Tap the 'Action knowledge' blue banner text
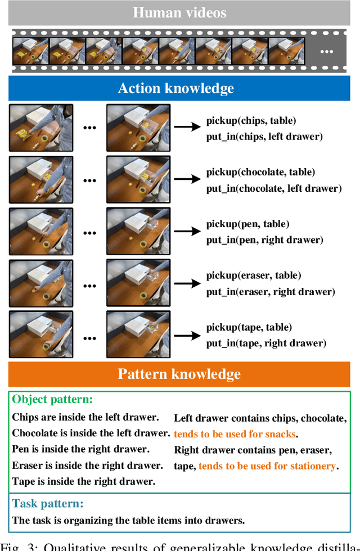click(x=175, y=88)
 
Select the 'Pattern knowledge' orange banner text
click(x=179, y=374)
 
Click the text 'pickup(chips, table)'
click(x=251, y=120)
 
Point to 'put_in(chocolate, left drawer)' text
click(x=273, y=188)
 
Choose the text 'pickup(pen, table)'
click(x=247, y=224)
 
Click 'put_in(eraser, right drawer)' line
click(x=270, y=292)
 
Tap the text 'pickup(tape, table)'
click(x=249, y=327)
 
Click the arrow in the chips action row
click(x=187, y=128)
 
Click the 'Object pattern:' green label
click(x=52, y=400)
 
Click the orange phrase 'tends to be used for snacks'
click(x=235, y=433)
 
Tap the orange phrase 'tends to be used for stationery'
click(x=267, y=466)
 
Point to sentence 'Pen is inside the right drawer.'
click(x=80, y=449)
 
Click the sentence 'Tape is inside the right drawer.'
click(x=83, y=481)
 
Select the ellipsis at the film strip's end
click(x=326, y=51)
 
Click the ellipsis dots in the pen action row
click(x=89, y=231)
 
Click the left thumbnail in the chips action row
click(x=41, y=128)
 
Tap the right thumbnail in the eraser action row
click(x=138, y=283)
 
